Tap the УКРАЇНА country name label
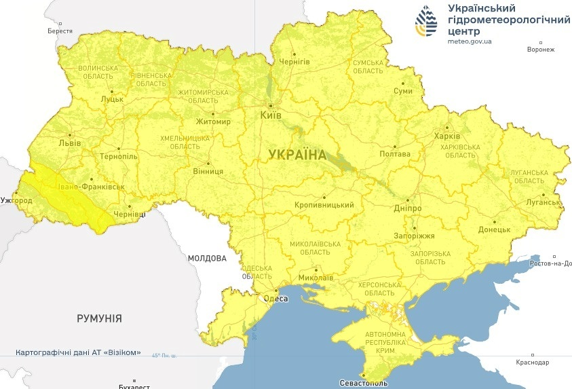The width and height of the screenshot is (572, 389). click(297, 155)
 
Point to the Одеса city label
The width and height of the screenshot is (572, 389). click(275, 299)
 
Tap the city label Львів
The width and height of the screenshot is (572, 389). click(70, 143)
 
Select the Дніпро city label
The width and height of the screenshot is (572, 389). click(408, 208)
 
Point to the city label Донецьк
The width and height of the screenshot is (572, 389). click(494, 230)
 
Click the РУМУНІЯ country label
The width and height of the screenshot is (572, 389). click(99, 318)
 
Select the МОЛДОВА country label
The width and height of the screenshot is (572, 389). click(207, 259)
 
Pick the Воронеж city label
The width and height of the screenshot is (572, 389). click(541, 50)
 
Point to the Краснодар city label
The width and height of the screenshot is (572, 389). click(532, 363)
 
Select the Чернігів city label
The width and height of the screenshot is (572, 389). click(295, 61)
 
